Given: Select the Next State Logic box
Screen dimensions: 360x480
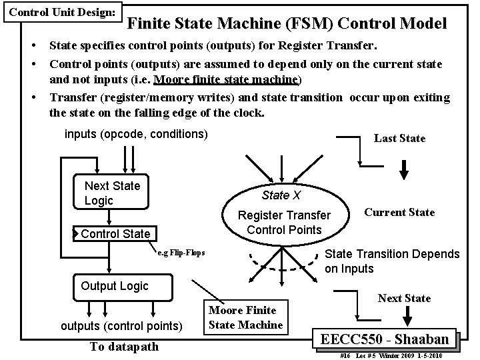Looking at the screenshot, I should tap(112, 193).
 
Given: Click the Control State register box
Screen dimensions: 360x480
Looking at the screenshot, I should tap(115, 234).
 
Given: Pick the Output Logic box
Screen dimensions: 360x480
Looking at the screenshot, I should tap(114, 286).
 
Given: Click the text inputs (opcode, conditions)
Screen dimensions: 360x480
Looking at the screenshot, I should tap(136, 134).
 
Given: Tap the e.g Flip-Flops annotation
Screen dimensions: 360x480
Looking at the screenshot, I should tap(181, 254).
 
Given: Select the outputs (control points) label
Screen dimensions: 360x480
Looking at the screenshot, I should tap(121, 326).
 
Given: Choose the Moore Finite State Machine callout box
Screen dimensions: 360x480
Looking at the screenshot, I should tap(246, 318).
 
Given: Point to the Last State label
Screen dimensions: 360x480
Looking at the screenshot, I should tap(399, 138).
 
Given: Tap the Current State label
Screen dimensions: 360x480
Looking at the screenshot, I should tap(399, 212).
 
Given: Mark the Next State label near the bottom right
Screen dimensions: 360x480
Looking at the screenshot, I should tap(404, 297).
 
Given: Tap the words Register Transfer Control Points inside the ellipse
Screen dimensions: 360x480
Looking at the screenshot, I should tap(284, 223).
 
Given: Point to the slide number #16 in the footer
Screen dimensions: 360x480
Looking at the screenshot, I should tap(345, 356).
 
